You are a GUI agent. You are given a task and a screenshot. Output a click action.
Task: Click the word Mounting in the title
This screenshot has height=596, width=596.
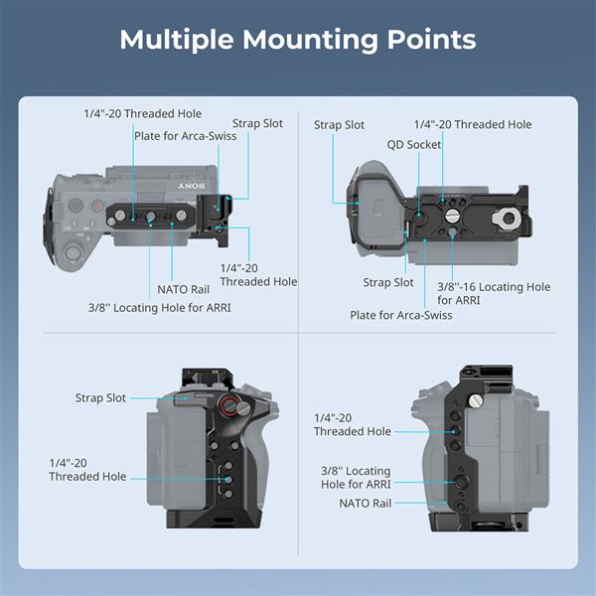tap(310, 41)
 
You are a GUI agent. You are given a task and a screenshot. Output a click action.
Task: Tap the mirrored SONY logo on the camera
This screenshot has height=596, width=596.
tap(191, 186)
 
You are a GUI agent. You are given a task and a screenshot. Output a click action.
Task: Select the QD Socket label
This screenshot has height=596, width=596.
tap(414, 144)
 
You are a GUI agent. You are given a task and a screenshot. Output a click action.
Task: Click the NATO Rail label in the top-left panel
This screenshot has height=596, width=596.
tap(183, 290)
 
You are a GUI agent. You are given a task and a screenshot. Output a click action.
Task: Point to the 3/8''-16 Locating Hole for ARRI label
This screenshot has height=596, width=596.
tap(494, 293)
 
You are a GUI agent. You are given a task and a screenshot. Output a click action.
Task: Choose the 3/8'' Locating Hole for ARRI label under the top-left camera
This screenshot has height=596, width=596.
tap(160, 308)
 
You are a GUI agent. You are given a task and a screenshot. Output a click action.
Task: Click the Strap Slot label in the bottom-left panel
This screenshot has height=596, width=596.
tap(100, 398)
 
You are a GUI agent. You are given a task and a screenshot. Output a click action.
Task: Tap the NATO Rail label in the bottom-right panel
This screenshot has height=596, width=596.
tap(366, 504)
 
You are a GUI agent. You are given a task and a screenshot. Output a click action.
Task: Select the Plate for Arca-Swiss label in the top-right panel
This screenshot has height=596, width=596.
tap(401, 315)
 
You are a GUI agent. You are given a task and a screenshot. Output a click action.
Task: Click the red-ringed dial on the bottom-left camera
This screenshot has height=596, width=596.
tap(228, 403)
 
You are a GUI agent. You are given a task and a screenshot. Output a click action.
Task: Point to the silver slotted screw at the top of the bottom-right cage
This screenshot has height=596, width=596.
tap(476, 400)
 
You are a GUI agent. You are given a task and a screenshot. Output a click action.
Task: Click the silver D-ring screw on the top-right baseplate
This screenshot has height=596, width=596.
tap(507, 219)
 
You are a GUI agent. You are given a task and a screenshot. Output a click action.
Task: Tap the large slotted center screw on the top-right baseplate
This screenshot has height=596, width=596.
tap(452, 217)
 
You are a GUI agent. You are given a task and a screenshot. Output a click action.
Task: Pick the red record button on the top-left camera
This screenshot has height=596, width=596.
tap(98, 206)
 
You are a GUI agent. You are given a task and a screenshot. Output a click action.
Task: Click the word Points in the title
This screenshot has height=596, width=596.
tap(431, 41)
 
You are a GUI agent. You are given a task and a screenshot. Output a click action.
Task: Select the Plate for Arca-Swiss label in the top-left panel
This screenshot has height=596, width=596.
tap(186, 136)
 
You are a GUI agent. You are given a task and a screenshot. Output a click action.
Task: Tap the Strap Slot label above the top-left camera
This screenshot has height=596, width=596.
tap(257, 123)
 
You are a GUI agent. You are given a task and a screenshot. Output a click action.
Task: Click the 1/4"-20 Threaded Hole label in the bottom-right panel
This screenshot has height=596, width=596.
tap(353, 424)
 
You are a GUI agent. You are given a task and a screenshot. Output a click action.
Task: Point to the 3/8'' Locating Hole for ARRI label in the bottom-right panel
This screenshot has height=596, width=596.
tap(356, 478)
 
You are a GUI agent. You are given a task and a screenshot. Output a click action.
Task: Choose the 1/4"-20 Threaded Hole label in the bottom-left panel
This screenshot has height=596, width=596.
tap(87, 470)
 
